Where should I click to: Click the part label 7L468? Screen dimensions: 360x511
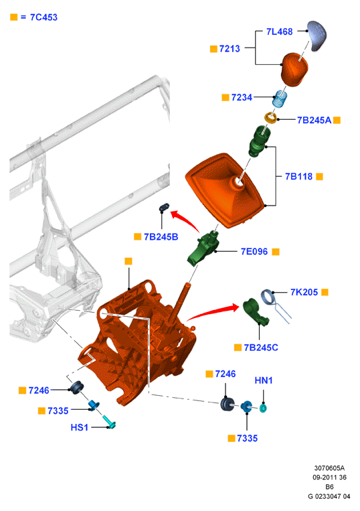(279, 31)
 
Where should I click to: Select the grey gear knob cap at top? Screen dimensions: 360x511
(317, 35)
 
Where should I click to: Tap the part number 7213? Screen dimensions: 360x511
(230, 49)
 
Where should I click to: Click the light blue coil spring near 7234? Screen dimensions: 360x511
(280, 98)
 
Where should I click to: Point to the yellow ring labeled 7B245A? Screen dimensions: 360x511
(270, 117)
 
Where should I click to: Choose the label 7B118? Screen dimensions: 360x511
(298, 176)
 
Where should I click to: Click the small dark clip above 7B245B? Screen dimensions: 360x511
(164, 207)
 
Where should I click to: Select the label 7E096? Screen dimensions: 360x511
(254, 251)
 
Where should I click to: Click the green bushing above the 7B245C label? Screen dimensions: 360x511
(255, 311)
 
